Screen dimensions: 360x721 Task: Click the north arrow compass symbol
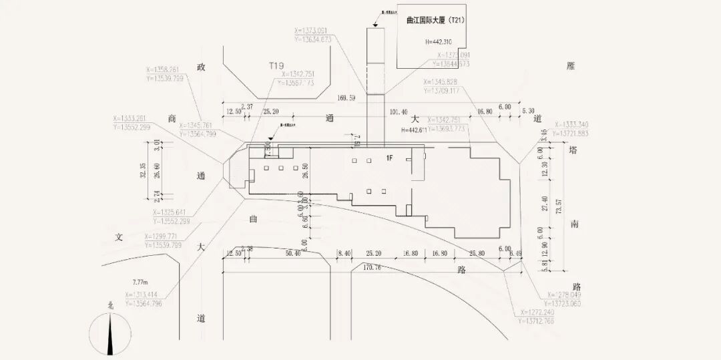coord(110,331)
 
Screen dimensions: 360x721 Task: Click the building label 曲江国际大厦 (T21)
coord(435,21)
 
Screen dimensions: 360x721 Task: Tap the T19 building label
coord(276,65)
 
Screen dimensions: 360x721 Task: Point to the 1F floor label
coord(389,157)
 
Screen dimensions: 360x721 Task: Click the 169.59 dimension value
coord(346,98)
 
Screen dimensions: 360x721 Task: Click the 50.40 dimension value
coord(292,254)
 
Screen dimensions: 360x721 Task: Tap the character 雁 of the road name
coord(570,66)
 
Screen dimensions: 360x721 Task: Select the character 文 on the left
coord(119,236)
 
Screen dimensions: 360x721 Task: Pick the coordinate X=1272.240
coord(530,312)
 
